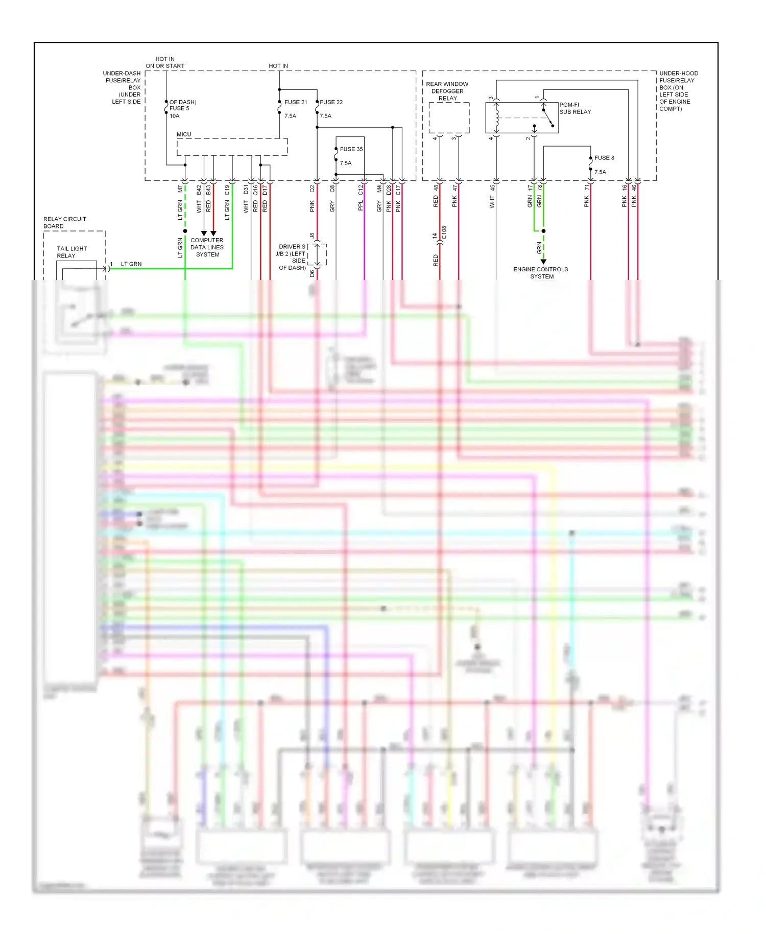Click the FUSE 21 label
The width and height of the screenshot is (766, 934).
tap(296, 102)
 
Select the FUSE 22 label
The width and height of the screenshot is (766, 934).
tap(331, 102)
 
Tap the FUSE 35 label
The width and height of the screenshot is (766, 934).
tap(351, 149)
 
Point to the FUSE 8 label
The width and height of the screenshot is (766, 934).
tap(604, 158)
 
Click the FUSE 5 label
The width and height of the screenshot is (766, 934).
tap(179, 108)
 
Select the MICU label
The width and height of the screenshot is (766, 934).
tap(184, 134)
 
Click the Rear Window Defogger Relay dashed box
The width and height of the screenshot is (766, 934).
tap(449, 118)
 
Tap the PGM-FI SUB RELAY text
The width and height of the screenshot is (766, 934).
tap(574, 108)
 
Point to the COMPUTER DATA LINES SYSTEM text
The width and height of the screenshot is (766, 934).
tap(207, 247)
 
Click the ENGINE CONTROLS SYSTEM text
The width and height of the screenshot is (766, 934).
tap(541, 273)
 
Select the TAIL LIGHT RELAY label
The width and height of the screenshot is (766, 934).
tap(71, 252)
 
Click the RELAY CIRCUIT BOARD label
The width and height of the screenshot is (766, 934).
tap(64, 222)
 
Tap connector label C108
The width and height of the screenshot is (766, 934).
tap(444, 232)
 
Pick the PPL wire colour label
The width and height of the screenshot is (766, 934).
tap(361, 205)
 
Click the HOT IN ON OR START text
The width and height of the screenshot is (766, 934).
tap(165, 62)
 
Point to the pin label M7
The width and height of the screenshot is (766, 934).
tap(180, 189)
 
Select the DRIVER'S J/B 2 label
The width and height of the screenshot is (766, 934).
tap(291, 257)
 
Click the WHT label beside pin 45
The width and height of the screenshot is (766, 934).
tap(492, 203)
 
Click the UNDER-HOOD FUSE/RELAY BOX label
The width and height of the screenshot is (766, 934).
tap(678, 91)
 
